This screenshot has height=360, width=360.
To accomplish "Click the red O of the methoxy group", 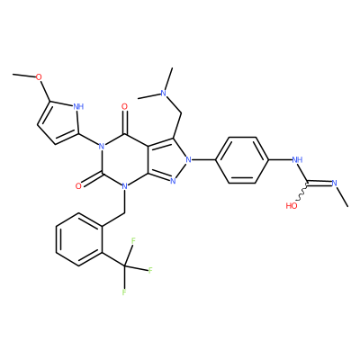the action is pyautogui.click(x=39, y=77).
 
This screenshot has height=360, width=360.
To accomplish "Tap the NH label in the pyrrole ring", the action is pyautogui.click(x=78, y=106).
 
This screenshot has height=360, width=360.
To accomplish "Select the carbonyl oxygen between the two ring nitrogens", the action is pyautogui.click(x=78, y=186).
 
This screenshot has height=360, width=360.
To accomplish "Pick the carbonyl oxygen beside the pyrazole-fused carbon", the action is pyautogui.click(x=125, y=106).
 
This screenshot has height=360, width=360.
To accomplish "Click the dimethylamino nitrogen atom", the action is pyautogui.click(x=163, y=93).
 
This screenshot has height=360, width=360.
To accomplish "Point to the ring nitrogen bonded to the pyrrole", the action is pyautogui.click(x=102, y=147).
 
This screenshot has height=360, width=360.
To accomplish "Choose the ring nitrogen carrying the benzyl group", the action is pyautogui.click(x=125, y=186).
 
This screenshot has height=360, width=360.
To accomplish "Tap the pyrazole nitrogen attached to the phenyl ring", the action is pyautogui.click(x=188, y=160).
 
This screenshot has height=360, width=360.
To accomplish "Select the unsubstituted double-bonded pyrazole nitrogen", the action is pyautogui.click(x=173, y=181).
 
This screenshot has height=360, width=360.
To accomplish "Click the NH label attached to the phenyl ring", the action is pyautogui.click(x=297, y=159).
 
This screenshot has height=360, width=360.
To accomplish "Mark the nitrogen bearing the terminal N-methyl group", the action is pyautogui.click(x=335, y=183).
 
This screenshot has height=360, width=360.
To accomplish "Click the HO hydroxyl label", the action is pyautogui.click(x=292, y=206).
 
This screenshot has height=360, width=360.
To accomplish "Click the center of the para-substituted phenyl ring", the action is pyautogui.click(x=241, y=160).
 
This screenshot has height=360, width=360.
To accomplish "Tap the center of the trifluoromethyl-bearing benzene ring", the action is pyautogui.click(x=79, y=239).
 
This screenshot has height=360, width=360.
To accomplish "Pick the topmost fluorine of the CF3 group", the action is pyautogui.click(x=133, y=240).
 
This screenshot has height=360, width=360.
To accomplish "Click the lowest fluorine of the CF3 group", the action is pyautogui.click(x=124, y=292).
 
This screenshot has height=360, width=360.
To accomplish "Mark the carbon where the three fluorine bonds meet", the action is pyautogui.click(x=125, y=265).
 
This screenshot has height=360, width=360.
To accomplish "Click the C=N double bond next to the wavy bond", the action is pyautogui.click(x=319, y=182).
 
